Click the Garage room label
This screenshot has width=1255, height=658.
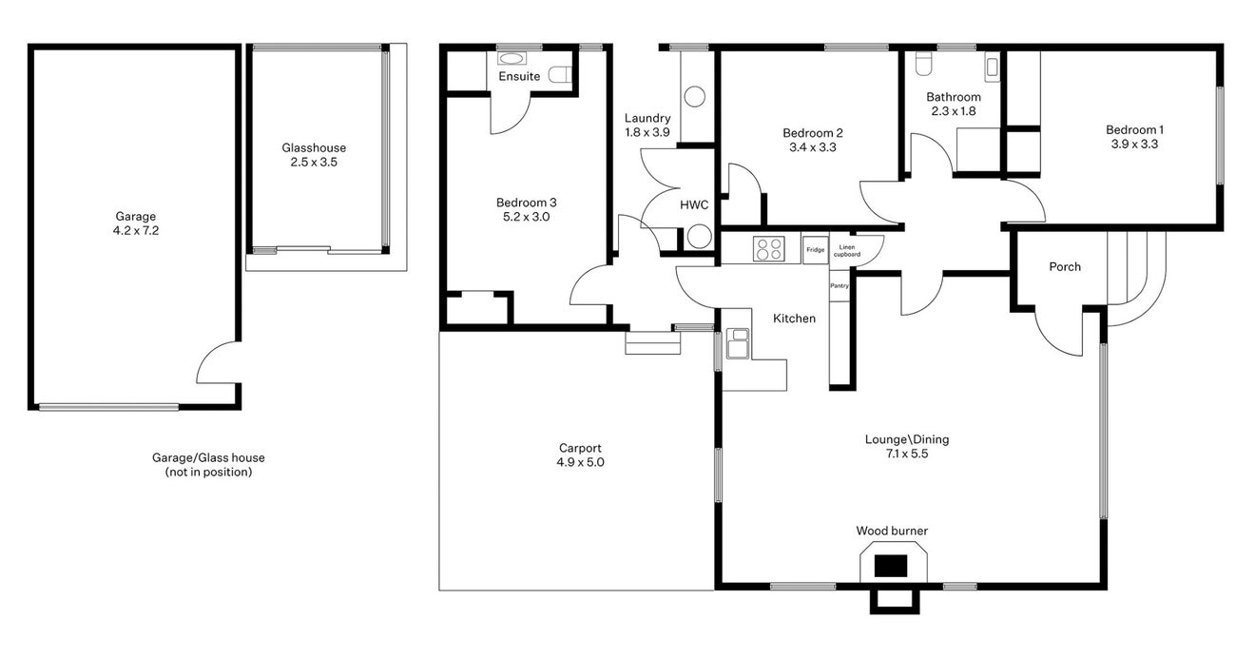(x=136, y=217)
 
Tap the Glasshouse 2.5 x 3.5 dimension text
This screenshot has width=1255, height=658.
(x=314, y=163)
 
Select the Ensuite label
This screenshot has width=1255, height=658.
(x=519, y=76)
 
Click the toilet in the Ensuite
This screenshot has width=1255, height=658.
(x=560, y=74)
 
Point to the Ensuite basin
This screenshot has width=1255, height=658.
(x=512, y=58)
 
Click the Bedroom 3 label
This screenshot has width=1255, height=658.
(x=527, y=203)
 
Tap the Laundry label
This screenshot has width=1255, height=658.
(x=647, y=118)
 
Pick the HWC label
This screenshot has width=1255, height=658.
(x=694, y=205)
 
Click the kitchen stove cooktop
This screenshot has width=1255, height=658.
(x=768, y=249)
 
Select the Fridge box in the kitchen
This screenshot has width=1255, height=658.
(x=815, y=250)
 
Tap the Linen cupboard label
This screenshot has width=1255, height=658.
(x=846, y=250)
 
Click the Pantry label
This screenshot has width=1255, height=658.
(x=840, y=286)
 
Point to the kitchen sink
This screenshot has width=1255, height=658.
(x=738, y=343)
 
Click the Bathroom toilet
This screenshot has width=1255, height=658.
(x=923, y=64)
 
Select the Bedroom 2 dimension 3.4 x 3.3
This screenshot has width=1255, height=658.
(x=812, y=147)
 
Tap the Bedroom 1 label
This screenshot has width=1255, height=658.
(x=1134, y=130)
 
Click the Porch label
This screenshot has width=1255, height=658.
(x=1065, y=267)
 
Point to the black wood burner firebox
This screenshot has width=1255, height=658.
(x=891, y=566)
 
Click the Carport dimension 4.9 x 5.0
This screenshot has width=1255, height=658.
(x=580, y=462)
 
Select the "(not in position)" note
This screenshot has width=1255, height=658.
(x=208, y=473)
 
